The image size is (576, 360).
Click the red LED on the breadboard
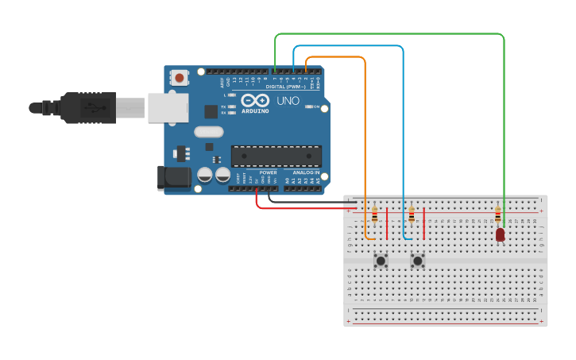[500, 234]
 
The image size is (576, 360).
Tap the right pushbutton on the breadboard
[418, 261]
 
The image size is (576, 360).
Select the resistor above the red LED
[498, 215]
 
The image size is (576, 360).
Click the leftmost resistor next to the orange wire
[375, 215]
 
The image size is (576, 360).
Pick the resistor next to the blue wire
[412, 215]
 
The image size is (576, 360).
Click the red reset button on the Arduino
[180, 78]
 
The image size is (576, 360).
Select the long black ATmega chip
[276, 157]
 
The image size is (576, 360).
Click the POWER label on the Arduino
[269, 172]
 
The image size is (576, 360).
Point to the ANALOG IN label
[306, 172]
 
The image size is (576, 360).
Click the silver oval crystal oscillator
[208, 132]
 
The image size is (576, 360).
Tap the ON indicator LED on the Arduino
[308, 106]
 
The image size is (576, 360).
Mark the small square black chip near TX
[211, 111]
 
